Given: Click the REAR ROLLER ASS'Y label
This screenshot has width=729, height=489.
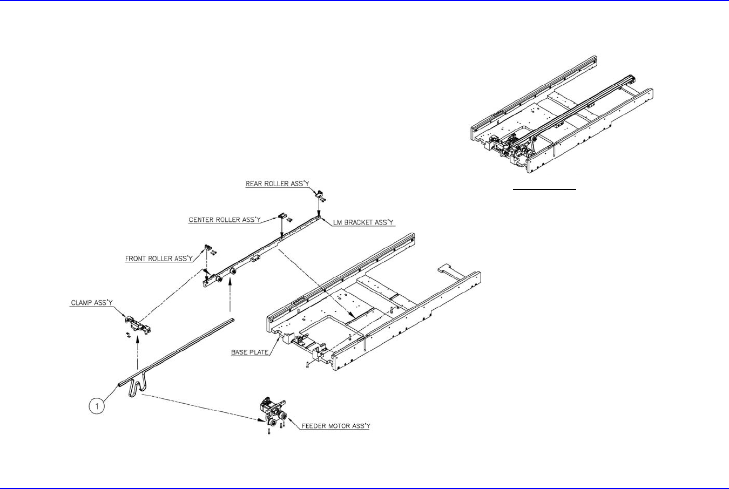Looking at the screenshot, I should pyautogui.click(x=277, y=184).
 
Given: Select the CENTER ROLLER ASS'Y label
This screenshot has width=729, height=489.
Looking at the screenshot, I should pyautogui.click(x=225, y=220).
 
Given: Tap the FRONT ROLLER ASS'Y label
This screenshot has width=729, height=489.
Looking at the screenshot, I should pyautogui.click(x=159, y=259).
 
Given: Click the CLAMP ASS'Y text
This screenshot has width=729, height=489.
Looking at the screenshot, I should pyautogui.click(x=92, y=303).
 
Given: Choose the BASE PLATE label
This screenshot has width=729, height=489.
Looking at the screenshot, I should pyautogui.click(x=250, y=352).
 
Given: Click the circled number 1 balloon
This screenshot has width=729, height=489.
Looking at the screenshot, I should pyautogui.click(x=97, y=406).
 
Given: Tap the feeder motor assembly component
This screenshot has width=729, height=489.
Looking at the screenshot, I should pyautogui.click(x=272, y=413).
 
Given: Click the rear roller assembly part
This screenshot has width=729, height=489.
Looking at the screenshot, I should pyautogui.click(x=319, y=193).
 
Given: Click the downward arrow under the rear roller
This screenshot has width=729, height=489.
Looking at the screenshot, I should pyautogui.click(x=319, y=208).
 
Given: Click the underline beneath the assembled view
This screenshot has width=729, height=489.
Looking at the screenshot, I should pyautogui.click(x=545, y=190).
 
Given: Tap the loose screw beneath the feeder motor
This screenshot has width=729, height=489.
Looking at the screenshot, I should pyautogui.click(x=269, y=431).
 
